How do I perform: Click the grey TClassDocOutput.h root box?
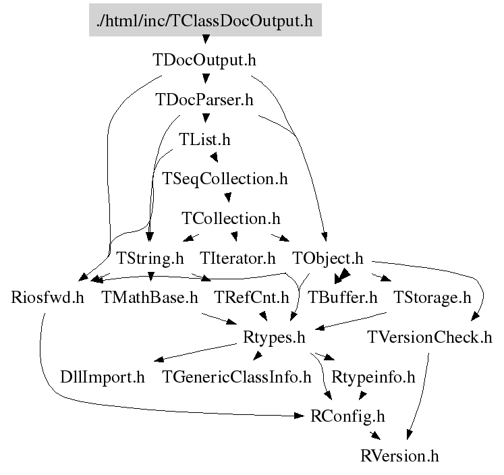pyautogui.click(x=205, y=20)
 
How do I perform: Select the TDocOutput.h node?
pyautogui.click(x=204, y=60)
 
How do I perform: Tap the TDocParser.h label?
pyautogui.click(x=204, y=100)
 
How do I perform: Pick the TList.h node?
pyautogui.click(x=204, y=140)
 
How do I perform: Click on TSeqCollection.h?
pyautogui.click(x=225, y=179)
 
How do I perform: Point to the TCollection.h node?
pyautogui.click(x=231, y=219)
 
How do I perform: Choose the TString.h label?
pyautogui.click(x=150, y=258)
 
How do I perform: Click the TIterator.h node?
pyautogui.click(x=237, y=258)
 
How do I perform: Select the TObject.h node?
pyautogui.click(x=327, y=258)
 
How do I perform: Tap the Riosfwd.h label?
pyautogui.click(x=48, y=298)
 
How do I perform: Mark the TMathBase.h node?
pyautogui.click(x=150, y=298)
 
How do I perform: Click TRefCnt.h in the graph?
pyautogui.click(x=252, y=298)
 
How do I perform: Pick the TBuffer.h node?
pyautogui.click(x=343, y=298)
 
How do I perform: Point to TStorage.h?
pyautogui.click(x=432, y=298)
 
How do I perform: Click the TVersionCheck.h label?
pyautogui.click(x=429, y=337)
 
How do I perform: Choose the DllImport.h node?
pyautogui.click(x=103, y=377)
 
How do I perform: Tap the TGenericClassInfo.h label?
pyautogui.click(x=237, y=377)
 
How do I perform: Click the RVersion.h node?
pyautogui.click(x=399, y=456)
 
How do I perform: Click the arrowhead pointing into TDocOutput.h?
pyautogui.click(x=206, y=40)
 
